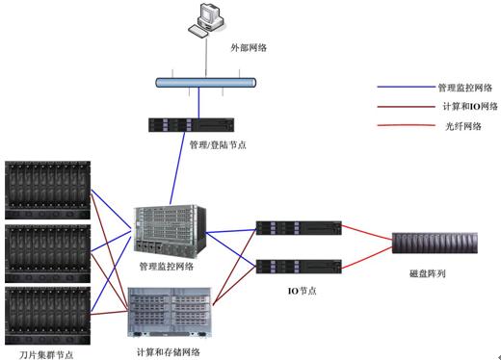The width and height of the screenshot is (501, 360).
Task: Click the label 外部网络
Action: click(x=248, y=46)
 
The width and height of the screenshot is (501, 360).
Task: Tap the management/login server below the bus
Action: click(x=191, y=123)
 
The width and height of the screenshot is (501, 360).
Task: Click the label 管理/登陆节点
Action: click(x=218, y=145)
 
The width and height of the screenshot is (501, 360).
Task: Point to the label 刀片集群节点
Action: click(x=44, y=353)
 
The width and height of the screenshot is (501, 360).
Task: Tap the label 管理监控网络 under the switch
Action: click(x=166, y=265)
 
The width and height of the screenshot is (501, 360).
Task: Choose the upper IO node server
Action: click(x=298, y=229)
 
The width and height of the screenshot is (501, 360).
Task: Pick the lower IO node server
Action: click(x=298, y=266)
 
